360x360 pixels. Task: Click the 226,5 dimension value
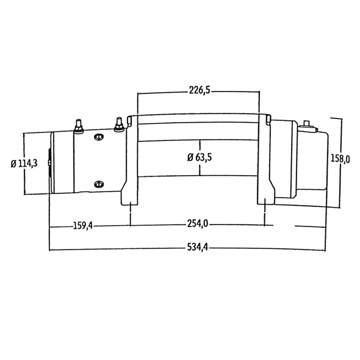[199, 90]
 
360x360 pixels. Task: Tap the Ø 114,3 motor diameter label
[24, 163]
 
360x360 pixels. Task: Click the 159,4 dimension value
[82, 225]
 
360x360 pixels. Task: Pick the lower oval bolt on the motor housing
[98, 184]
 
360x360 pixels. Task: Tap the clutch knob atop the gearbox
[307, 124]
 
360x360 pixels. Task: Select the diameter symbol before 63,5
[190, 157]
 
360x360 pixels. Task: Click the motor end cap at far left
[51, 163]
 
